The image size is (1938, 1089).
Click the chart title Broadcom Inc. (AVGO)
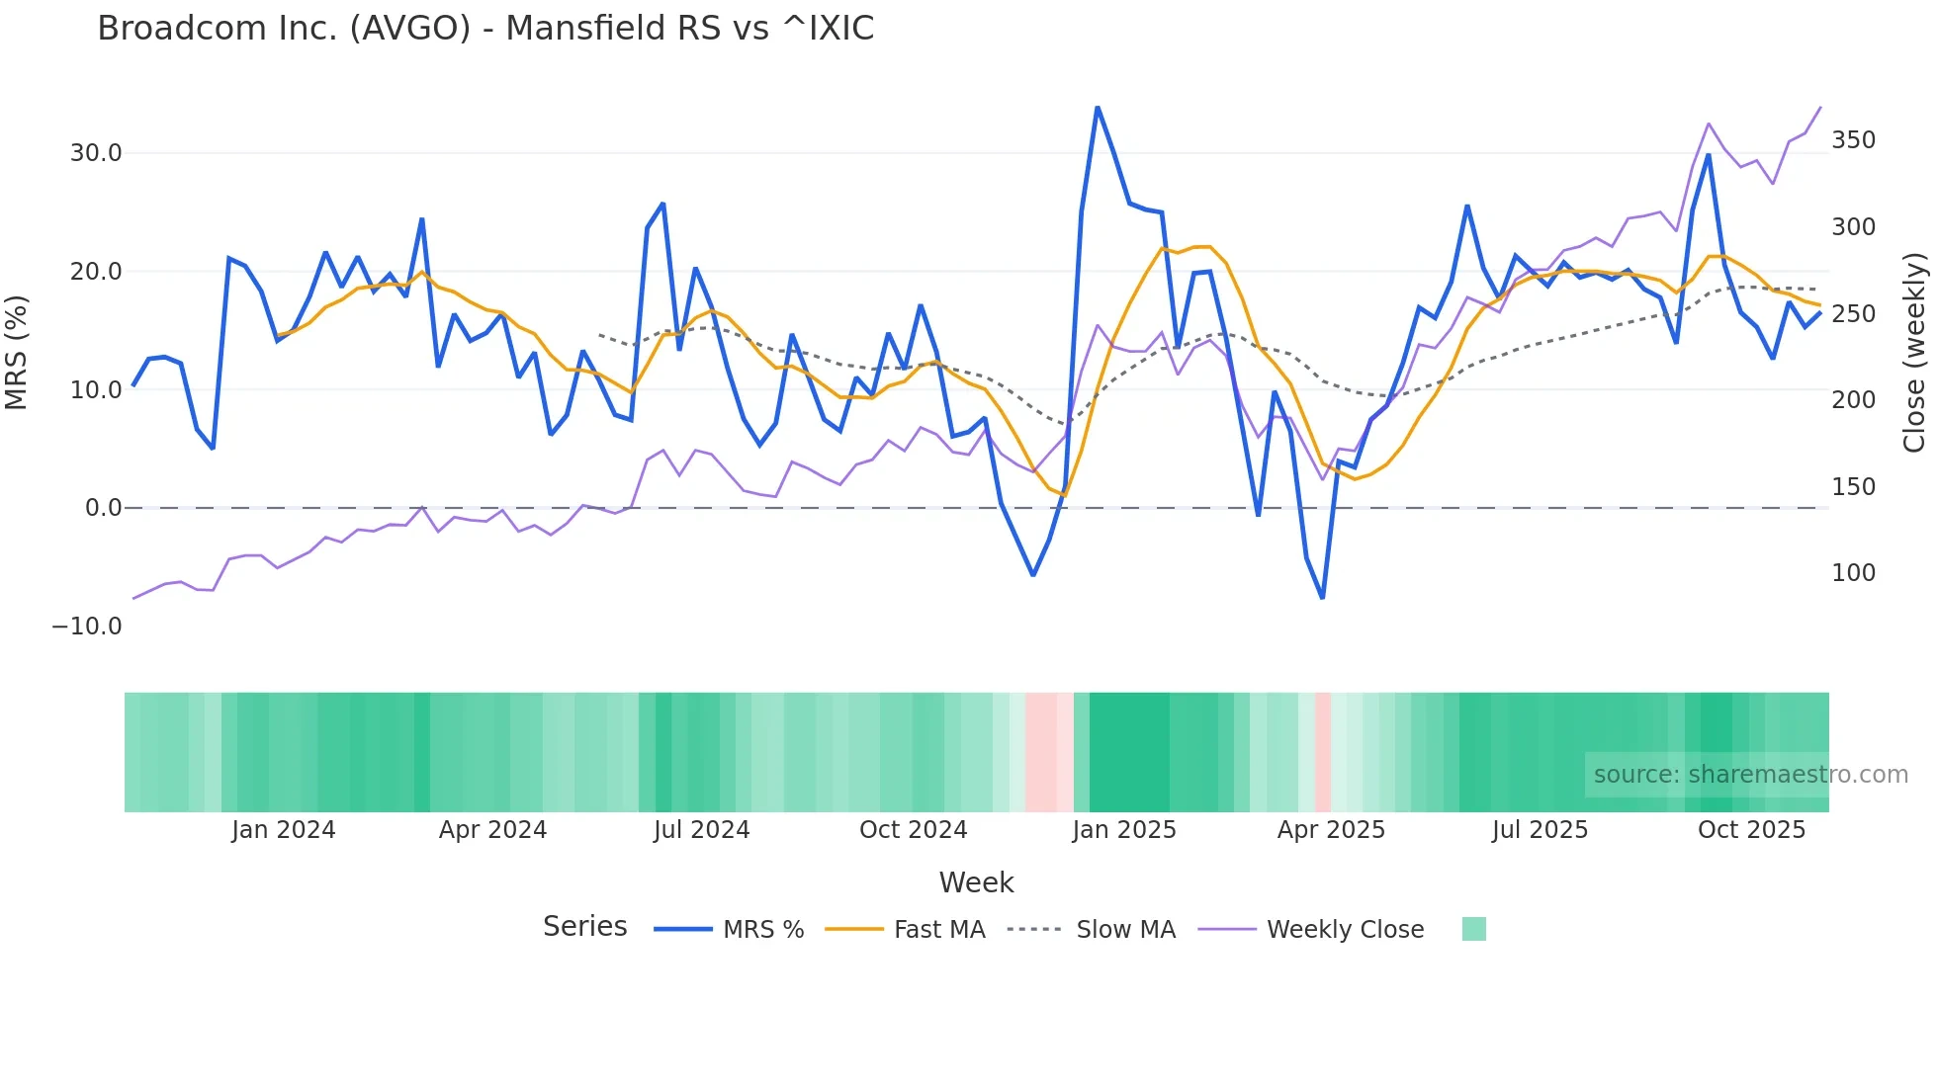coord(484,28)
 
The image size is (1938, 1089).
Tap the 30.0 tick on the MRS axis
coord(96,153)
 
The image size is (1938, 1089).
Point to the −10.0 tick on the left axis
coord(87,627)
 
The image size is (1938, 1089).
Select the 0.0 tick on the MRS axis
coord(103,508)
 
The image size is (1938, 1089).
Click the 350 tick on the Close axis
coord(1853,140)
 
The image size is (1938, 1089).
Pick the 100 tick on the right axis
coord(1853,573)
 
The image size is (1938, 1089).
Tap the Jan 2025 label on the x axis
coord(1123,830)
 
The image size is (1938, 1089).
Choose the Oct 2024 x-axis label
coord(913,830)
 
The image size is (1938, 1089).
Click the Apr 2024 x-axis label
coord(492,830)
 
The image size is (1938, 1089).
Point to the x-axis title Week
coord(976,882)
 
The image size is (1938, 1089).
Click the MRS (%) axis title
coord(16,353)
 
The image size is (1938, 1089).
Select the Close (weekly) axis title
coord(1914,353)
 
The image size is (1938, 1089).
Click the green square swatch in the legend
coord(1473,929)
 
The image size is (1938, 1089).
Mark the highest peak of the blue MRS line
coord(1098,107)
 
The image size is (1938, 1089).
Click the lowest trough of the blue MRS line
coord(1322,598)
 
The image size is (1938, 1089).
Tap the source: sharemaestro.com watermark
coord(1750,775)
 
